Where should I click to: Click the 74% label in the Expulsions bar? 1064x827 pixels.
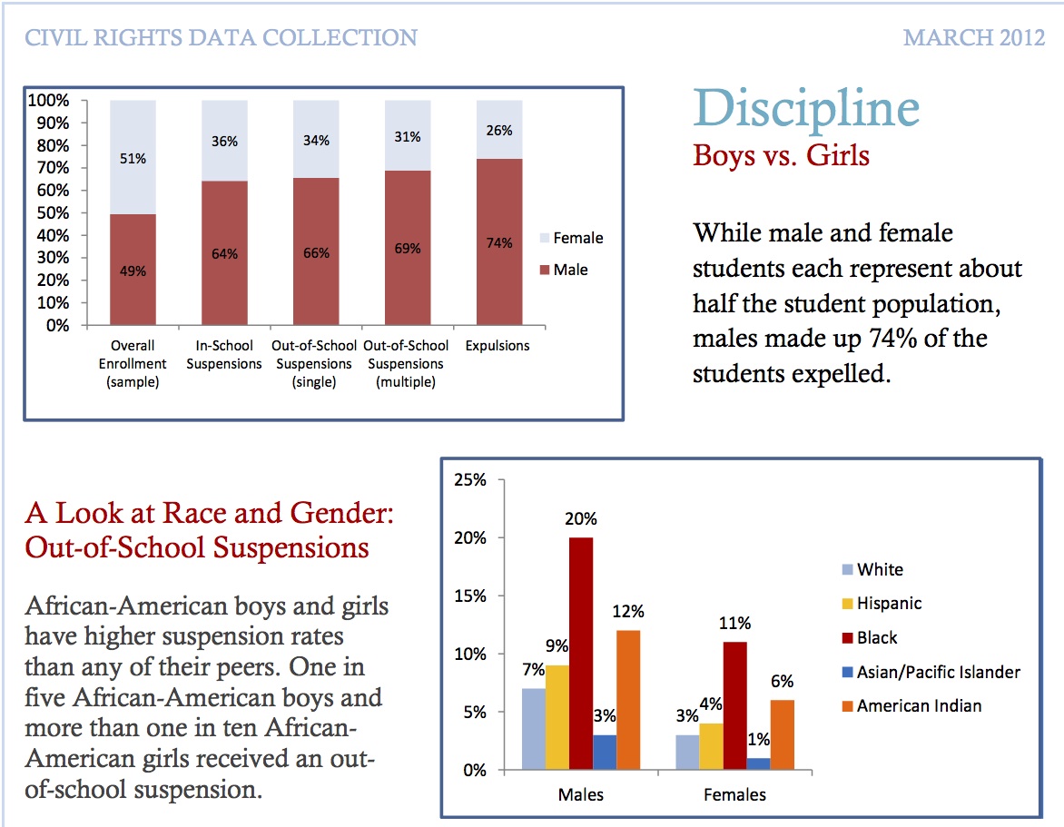498,243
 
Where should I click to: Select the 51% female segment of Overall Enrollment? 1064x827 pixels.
133,158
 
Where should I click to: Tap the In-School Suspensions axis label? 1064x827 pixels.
229,355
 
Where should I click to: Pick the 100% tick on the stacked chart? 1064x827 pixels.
50,100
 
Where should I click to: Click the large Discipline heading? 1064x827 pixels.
806,108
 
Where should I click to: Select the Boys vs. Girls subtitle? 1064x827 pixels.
781,155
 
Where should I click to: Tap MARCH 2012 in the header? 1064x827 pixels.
974,38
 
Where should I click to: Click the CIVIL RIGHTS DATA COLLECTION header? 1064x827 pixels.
222,38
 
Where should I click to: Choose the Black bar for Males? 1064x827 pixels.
581,654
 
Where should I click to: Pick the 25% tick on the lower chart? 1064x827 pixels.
470,480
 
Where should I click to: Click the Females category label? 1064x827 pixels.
734,795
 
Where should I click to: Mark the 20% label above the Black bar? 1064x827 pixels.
581,520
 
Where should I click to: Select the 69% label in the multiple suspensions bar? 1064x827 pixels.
408,248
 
